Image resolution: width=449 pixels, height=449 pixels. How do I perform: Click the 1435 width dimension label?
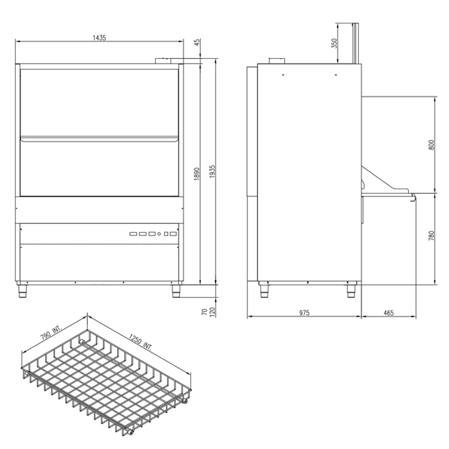pos(99,38)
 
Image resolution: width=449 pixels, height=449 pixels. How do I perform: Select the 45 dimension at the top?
pos(197,42)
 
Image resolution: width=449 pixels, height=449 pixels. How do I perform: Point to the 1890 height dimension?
pos(197,174)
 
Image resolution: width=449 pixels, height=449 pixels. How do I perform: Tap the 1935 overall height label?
pos(212,172)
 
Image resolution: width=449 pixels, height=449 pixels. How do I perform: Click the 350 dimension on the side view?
pos(334,43)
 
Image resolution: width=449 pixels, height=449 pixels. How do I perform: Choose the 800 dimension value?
pos(432,145)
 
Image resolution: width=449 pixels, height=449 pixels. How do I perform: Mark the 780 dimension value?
pos(431,236)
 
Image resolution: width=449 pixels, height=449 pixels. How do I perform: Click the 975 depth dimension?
pos(304,313)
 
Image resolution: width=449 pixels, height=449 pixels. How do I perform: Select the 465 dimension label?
pos(389,313)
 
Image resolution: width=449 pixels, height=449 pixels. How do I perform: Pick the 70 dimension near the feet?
pos(205,312)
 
